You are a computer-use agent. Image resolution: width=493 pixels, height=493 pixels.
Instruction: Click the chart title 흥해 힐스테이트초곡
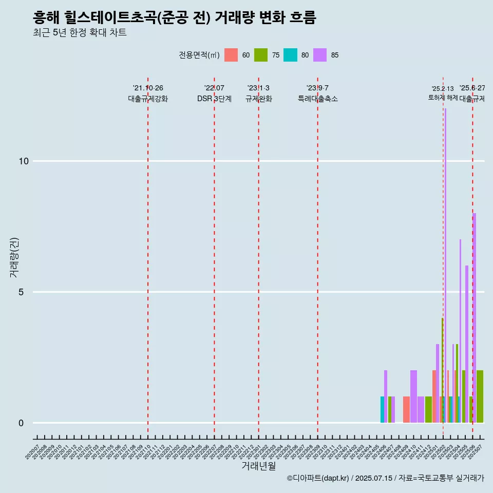click(174, 18)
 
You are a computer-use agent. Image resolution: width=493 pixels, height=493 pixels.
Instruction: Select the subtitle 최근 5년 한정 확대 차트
click(79, 33)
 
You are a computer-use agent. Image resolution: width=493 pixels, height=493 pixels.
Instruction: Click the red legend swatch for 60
click(231, 55)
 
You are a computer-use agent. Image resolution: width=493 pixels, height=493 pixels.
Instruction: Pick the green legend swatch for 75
click(261, 55)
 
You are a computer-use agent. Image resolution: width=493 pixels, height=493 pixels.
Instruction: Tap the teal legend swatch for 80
click(290, 55)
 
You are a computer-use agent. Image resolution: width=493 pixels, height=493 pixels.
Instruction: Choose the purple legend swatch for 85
click(320, 55)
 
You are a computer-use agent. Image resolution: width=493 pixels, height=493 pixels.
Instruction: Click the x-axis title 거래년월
click(258, 466)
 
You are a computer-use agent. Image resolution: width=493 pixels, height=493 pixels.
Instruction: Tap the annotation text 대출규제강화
click(148, 99)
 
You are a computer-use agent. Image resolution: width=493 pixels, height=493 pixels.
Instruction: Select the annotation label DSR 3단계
click(214, 99)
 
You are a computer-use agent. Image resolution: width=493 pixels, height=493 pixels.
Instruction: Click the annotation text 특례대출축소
click(317, 99)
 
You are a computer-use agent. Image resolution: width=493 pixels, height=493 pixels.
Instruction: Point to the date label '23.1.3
click(258, 88)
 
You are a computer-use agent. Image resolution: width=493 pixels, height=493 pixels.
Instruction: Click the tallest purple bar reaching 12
click(445, 266)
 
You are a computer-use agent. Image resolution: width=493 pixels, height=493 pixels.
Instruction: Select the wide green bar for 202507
click(480, 396)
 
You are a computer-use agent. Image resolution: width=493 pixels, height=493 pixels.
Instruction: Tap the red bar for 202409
click(406, 410)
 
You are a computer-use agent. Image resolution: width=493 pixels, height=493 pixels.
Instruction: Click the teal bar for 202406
click(382, 410)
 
